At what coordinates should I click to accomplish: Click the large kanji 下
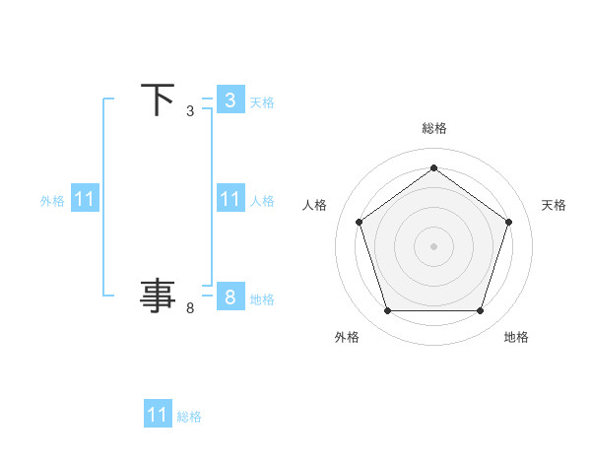tap(158, 99)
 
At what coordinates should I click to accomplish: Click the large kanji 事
tap(158, 295)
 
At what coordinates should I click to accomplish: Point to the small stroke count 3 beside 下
tap(190, 112)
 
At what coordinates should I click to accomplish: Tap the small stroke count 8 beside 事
tap(190, 308)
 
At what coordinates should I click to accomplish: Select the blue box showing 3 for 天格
tap(230, 99)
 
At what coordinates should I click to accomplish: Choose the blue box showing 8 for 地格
tap(230, 296)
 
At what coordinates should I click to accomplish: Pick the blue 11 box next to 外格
tap(85, 199)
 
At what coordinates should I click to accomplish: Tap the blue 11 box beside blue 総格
tap(158, 414)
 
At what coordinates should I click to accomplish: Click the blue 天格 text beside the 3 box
tap(262, 102)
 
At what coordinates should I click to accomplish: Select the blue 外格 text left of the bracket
tap(52, 201)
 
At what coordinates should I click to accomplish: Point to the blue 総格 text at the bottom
tap(189, 417)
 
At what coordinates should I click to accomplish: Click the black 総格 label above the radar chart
tap(433, 128)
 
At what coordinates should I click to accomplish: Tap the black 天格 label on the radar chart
tap(554, 205)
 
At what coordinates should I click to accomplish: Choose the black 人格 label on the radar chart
tap(315, 205)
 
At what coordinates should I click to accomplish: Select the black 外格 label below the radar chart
tap(347, 337)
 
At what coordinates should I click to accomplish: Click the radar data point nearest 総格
tap(433, 168)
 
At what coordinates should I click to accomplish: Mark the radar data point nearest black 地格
tap(480, 311)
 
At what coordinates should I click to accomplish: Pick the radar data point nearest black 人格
tap(359, 223)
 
